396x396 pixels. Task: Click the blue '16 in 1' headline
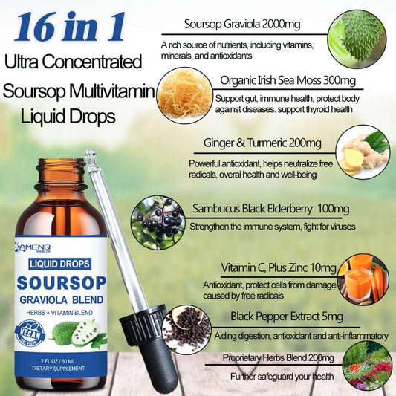point(70,27)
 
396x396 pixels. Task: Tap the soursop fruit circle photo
point(357,39)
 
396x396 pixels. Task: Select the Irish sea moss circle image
point(184,95)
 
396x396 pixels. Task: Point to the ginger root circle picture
point(363,152)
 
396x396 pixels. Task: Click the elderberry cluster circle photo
point(158,222)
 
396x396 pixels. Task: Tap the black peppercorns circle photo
point(187,331)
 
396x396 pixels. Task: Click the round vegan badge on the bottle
point(30,333)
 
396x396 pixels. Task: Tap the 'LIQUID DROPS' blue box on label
point(59,264)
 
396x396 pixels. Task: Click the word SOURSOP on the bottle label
point(62,283)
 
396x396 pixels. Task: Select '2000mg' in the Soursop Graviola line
point(281,25)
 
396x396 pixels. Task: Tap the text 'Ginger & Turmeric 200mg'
point(262,143)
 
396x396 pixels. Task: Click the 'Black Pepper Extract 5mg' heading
point(287,317)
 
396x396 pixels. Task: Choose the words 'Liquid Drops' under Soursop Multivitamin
point(68,117)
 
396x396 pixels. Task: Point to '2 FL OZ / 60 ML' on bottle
point(59,361)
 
